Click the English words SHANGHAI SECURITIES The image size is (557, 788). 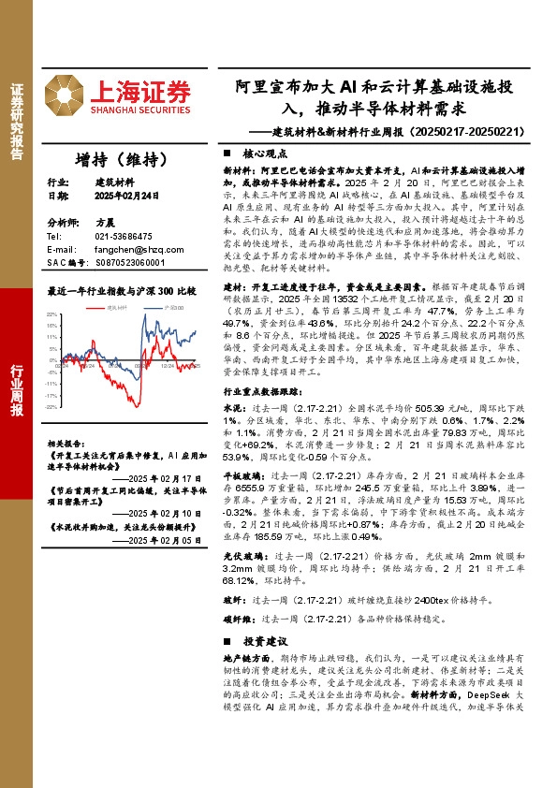pos(141,109)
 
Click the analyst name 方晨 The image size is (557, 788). pos(105,225)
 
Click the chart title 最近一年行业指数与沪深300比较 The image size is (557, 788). pos(121,291)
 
